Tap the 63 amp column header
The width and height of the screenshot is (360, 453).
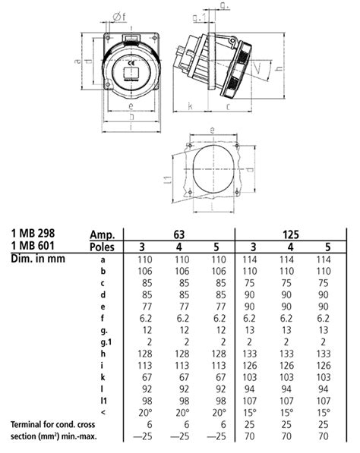pyautogui.click(x=179, y=234)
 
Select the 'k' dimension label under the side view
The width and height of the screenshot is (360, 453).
pyautogui.click(x=188, y=105)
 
